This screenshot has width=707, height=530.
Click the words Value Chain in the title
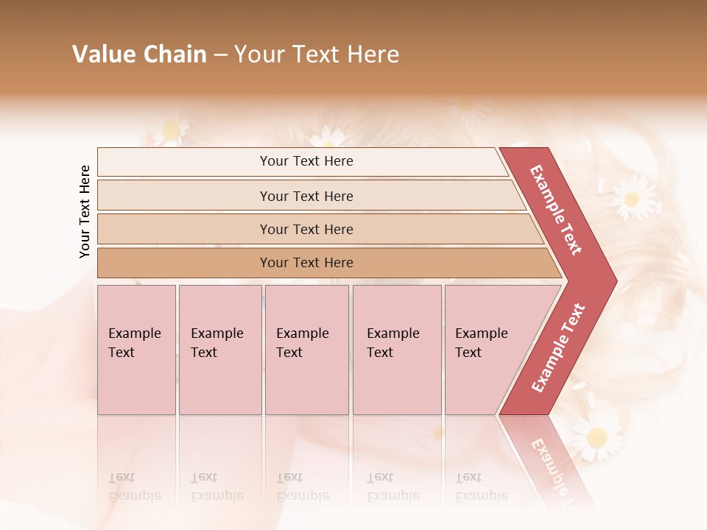point(139,54)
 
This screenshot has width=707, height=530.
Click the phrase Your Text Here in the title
point(317,54)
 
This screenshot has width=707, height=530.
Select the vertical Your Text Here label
point(85,211)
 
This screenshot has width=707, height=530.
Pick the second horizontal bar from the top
point(306,196)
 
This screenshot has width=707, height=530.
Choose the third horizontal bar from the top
point(306,229)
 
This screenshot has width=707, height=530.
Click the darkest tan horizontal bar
point(306,263)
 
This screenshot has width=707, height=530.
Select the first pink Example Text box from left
point(136,350)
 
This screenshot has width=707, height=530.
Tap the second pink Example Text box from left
point(219,350)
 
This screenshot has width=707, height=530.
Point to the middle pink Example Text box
point(306,350)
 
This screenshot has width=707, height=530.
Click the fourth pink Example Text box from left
point(397,350)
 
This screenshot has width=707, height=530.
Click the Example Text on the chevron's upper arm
point(556,210)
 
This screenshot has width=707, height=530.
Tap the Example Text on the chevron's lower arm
point(558,347)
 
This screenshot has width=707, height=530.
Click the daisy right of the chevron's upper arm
point(630,197)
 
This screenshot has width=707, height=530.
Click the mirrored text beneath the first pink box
point(134,487)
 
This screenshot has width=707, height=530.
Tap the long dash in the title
point(220,55)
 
